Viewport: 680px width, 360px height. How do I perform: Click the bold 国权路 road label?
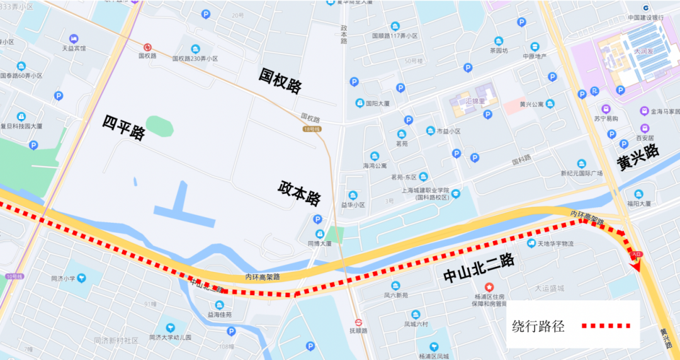tap(281, 81)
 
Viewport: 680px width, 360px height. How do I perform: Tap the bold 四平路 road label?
tap(124, 128)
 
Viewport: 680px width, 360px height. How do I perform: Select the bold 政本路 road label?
tap(299, 193)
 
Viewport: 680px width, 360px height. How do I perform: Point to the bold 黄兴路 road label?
tap(638, 157)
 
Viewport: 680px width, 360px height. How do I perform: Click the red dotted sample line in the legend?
tap(606, 326)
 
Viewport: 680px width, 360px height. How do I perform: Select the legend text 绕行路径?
tap(538, 326)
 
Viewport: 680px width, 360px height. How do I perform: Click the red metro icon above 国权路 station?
tap(147, 47)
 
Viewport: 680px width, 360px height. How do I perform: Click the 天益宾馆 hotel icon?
tap(74, 38)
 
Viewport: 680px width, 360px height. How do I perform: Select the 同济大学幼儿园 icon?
tap(170, 327)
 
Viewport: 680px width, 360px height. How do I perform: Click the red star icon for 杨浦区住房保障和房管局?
tap(489, 287)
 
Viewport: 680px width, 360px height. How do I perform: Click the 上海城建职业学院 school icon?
tap(455, 194)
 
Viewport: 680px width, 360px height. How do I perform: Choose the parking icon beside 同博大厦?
tap(317, 219)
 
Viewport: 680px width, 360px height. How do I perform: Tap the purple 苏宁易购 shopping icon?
tap(606, 109)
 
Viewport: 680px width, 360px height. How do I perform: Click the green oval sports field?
tap(159, 125)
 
